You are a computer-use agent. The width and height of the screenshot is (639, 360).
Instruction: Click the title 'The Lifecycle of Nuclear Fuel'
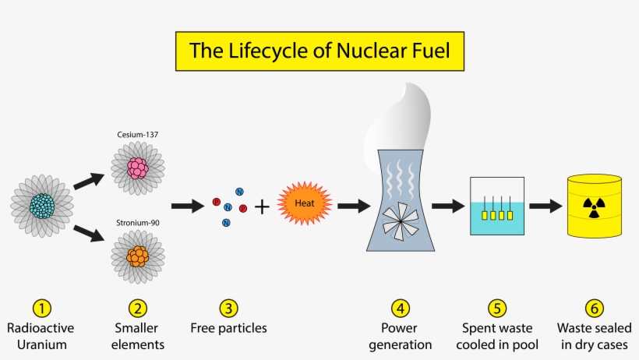point(319,51)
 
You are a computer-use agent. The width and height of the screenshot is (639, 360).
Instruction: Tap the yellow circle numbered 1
point(41,308)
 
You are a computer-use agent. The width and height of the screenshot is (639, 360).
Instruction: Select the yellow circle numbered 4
point(401,308)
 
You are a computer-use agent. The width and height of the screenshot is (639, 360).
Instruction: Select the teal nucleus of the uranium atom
point(42,206)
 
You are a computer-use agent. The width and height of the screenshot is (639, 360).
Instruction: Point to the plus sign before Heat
point(263,206)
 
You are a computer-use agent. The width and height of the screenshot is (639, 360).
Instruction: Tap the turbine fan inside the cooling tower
point(399,221)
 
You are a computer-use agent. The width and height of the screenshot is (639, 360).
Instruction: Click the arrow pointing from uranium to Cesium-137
point(89,178)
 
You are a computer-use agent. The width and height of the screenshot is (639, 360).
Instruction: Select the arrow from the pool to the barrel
point(545,206)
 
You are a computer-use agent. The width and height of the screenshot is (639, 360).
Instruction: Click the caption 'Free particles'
point(228,328)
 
